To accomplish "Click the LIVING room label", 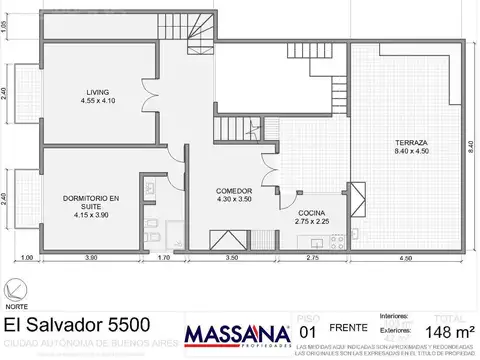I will click(97, 91).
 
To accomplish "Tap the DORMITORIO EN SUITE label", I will click(88, 202).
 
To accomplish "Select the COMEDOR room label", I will click(233, 190).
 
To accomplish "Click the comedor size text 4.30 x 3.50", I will click(233, 199).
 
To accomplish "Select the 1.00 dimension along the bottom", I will click(27, 258).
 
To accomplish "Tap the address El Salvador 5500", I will click(79, 325).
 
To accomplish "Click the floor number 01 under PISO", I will click(308, 331).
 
